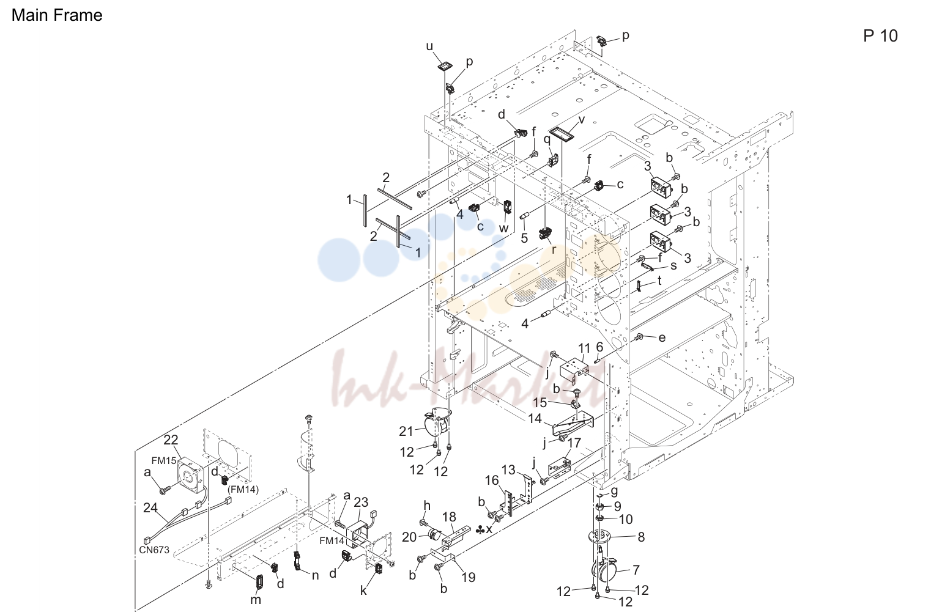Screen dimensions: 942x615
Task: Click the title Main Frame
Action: (x=57, y=15)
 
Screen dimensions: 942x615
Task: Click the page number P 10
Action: (x=880, y=36)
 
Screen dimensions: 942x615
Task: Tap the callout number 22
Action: (x=171, y=440)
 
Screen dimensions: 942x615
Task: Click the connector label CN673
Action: (x=154, y=550)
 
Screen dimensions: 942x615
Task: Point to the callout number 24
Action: (x=150, y=508)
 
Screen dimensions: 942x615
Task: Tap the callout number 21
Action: (x=406, y=431)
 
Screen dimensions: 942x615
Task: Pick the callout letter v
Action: (x=582, y=120)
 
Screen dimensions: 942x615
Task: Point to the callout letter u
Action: (x=429, y=46)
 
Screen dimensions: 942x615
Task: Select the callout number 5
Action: (x=524, y=238)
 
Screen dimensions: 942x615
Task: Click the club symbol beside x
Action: (x=480, y=530)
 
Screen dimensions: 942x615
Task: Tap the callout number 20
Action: (x=409, y=537)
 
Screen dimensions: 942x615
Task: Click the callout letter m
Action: (x=256, y=600)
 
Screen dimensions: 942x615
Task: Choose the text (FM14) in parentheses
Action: (x=243, y=490)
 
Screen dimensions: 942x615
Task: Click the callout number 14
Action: (x=535, y=418)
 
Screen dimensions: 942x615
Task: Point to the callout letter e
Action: (x=662, y=337)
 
